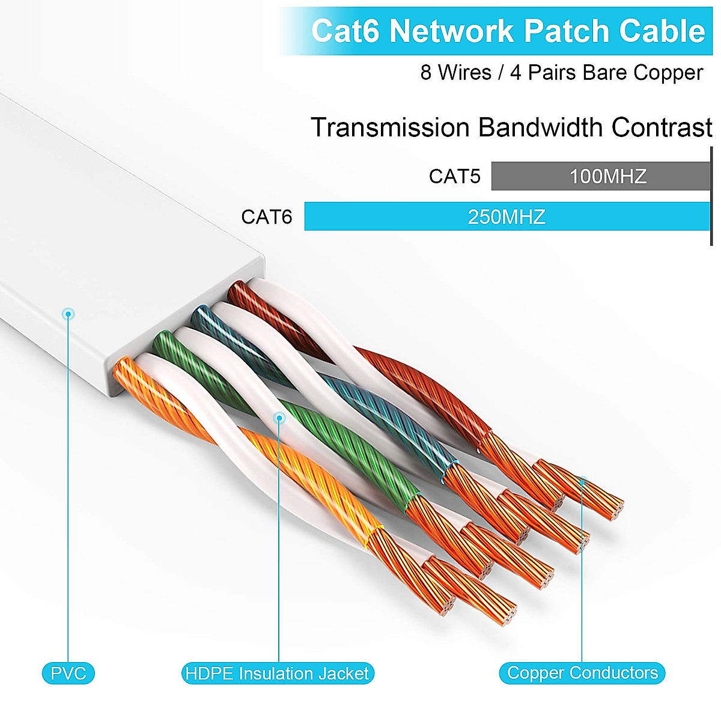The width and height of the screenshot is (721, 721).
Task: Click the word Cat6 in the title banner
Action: tap(345, 31)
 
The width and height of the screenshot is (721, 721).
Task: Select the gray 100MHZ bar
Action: tap(601, 176)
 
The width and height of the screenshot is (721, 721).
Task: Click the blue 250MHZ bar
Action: tap(507, 216)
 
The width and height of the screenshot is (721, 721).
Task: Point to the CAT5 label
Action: tap(454, 177)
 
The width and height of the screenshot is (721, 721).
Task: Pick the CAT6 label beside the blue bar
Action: tap(266, 217)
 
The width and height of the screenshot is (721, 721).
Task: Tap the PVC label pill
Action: tap(68, 673)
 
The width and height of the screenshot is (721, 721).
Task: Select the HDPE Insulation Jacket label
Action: tap(278, 673)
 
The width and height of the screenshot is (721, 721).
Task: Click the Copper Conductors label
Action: tap(582, 672)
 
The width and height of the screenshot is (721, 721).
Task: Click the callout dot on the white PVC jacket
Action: tap(68, 314)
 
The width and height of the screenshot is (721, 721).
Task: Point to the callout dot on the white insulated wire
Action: tap(279, 418)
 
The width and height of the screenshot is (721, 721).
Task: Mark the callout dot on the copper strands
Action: tap(582, 481)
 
